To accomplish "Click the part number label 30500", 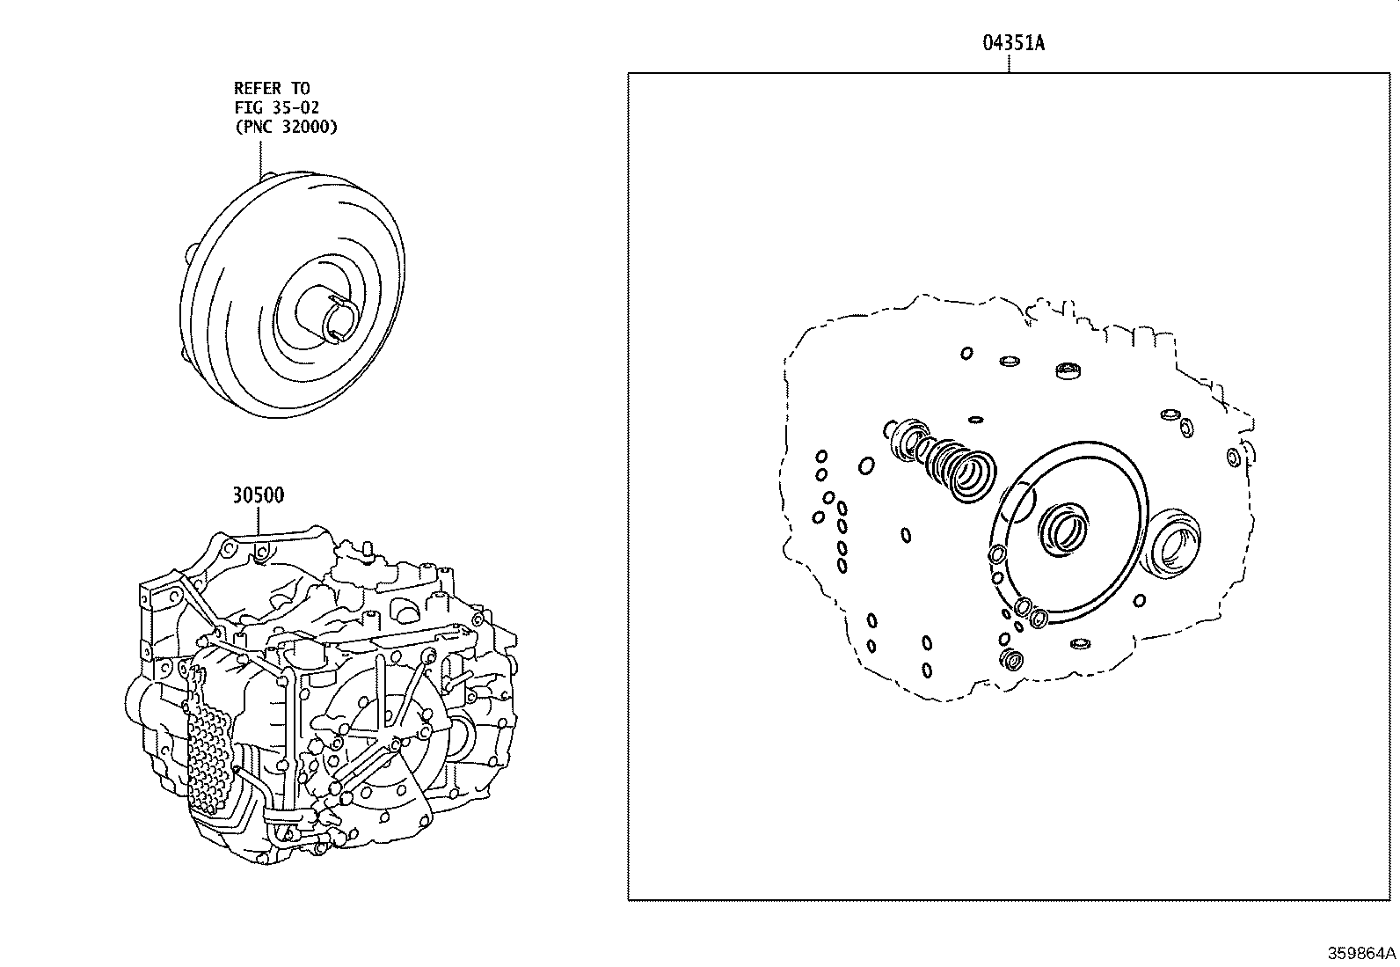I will [x=259, y=495].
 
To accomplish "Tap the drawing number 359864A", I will [x=1361, y=953].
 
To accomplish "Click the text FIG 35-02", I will [x=276, y=107].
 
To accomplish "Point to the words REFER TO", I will [x=272, y=88].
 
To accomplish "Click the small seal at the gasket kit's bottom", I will [x=1013, y=660].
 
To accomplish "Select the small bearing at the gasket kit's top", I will [x=1068, y=370].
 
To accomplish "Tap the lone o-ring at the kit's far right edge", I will [x=1233, y=457].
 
